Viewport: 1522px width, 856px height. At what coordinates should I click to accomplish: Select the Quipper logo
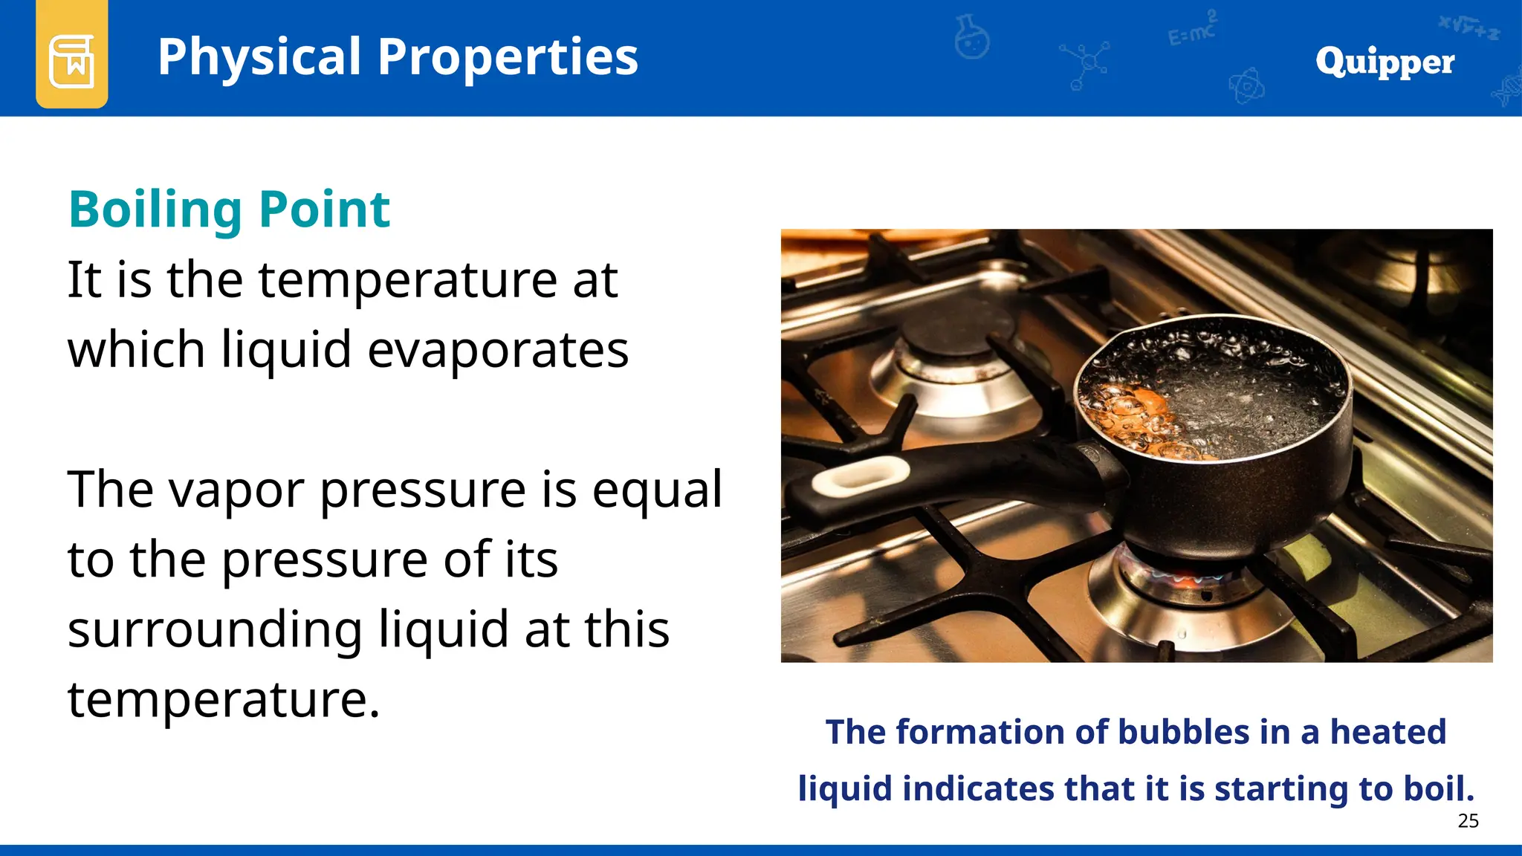tap(1385, 61)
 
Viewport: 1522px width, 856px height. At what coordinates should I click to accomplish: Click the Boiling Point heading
tap(229, 210)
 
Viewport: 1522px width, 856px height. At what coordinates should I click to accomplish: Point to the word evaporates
tap(498, 349)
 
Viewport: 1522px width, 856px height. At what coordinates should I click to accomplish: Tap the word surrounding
tap(216, 630)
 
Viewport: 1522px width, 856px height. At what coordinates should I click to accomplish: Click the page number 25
tap(1468, 820)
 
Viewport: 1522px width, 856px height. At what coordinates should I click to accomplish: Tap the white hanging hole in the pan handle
tap(861, 476)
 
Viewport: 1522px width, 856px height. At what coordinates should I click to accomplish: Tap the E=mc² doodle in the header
tap(1191, 30)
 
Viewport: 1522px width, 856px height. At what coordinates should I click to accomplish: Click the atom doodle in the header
tap(1246, 86)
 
